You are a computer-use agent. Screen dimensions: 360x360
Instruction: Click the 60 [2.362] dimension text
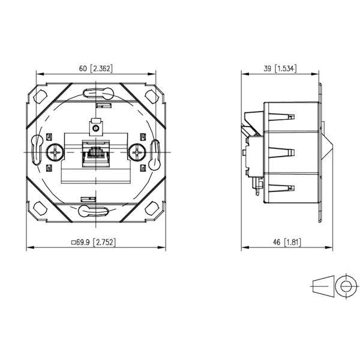click(96, 68)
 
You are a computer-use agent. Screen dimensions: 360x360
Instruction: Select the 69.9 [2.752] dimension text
click(94, 242)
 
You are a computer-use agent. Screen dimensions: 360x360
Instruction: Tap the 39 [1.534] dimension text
click(280, 68)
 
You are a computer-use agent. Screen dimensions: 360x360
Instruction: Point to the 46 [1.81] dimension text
click(287, 242)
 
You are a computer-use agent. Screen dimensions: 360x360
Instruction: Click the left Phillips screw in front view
click(55, 152)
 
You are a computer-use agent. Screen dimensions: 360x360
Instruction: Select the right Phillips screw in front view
click(137, 152)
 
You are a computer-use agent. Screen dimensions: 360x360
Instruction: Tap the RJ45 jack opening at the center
click(96, 154)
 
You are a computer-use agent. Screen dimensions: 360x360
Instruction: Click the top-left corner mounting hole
click(40, 97)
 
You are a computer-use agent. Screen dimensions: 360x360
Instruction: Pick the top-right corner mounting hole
click(152, 97)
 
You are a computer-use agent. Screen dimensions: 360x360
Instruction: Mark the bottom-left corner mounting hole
click(40, 208)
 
